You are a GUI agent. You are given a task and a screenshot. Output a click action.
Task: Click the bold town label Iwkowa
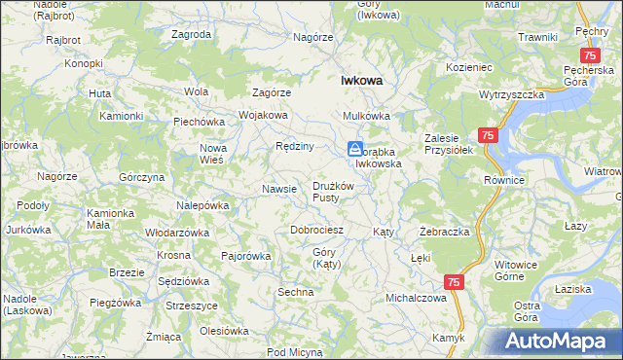(x=359, y=82)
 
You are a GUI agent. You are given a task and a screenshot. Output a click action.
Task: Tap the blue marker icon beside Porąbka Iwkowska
(x=356, y=150)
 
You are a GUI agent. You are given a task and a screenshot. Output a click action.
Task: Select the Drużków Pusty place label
(x=338, y=192)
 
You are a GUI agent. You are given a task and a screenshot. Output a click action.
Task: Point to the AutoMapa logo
(x=561, y=342)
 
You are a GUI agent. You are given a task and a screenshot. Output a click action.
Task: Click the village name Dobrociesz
(x=317, y=230)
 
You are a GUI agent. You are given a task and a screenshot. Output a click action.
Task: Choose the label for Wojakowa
(x=263, y=115)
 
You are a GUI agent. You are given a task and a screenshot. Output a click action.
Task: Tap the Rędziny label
(x=294, y=146)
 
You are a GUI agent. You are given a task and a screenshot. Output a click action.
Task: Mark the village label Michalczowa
(x=416, y=297)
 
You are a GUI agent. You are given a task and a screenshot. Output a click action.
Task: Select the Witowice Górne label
(x=516, y=270)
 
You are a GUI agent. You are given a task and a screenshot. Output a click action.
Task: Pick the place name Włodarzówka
(x=177, y=233)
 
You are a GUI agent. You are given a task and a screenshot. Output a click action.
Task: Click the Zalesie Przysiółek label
(x=448, y=144)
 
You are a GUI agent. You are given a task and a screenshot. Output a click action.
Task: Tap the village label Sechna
(x=296, y=292)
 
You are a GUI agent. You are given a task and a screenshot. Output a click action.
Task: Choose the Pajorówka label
(x=245, y=256)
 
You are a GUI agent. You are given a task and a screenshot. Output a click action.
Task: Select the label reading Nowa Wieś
(x=212, y=153)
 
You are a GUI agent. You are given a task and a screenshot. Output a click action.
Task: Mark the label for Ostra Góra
(x=527, y=311)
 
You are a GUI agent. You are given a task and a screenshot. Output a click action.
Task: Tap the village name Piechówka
(x=200, y=122)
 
